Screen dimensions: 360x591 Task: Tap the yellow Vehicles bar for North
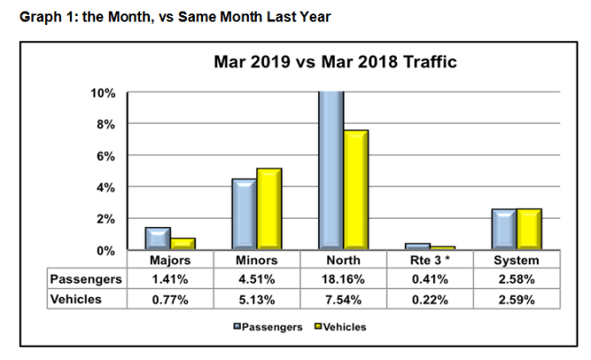click(356, 189)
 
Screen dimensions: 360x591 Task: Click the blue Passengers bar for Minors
click(243, 214)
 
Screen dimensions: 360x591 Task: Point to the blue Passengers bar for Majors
click(157, 238)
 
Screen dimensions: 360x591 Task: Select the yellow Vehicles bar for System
click(528, 229)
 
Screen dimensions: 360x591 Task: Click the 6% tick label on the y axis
click(106, 156)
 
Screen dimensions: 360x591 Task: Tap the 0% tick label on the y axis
click(106, 250)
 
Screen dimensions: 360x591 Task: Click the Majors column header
click(170, 260)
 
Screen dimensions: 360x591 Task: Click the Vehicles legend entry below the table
click(341, 327)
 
